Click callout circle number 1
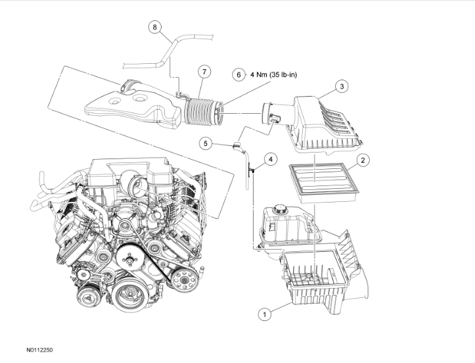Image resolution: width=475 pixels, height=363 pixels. tap(265, 315)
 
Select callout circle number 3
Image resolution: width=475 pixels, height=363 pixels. tap(341, 86)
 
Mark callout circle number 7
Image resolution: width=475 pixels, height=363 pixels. tap(205, 71)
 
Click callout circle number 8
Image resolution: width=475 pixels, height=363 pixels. tap(154, 27)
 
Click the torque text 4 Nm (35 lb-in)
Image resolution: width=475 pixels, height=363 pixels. tap(274, 75)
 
